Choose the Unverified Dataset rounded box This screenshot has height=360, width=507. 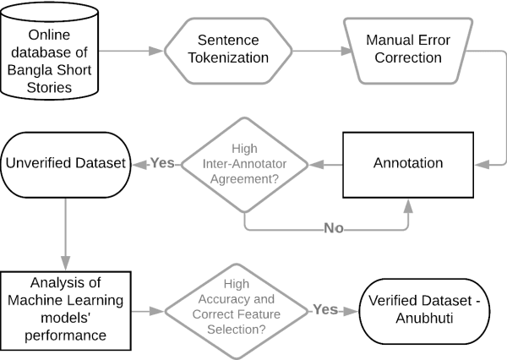click(65, 161)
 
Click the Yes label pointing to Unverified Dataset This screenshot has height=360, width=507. click(163, 162)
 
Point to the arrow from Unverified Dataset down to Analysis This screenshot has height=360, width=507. click(65, 228)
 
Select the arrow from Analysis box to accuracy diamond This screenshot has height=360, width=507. click(148, 310)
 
